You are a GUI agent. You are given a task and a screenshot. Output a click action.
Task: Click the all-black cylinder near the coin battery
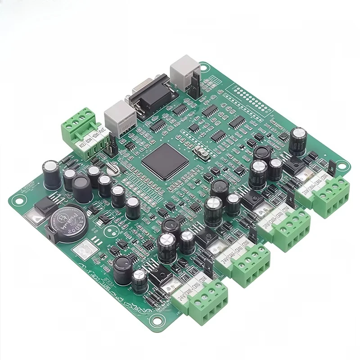(x=82, y=189)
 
